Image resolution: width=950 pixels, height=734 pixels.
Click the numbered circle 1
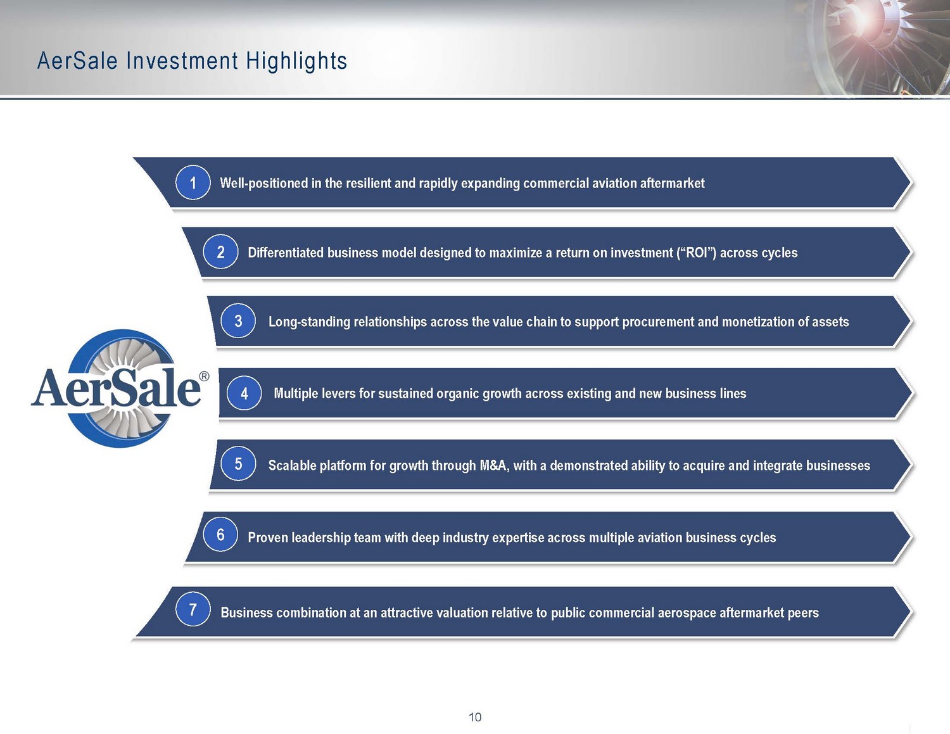point(193,182)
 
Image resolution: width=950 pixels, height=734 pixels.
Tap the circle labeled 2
point(221,251)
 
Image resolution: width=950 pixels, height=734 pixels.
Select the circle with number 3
point(238,320)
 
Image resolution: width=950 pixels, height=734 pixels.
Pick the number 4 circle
point(244,393)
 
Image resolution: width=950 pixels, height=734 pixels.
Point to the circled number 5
point(238,464)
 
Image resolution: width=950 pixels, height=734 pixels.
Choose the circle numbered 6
point(221,535)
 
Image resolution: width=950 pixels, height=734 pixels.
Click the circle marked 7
point(193,609)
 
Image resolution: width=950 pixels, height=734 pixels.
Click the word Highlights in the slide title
point(296,61)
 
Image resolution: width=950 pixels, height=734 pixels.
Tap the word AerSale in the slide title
point(77,60)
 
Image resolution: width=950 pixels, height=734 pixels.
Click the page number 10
point(475,717)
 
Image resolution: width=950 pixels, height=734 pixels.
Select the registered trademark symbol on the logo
point(204,376)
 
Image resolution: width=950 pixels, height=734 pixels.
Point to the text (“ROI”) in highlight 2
point(696,253)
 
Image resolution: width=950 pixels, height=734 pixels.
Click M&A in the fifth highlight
point(495,465)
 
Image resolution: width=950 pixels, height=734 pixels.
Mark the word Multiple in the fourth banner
point(296,393)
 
